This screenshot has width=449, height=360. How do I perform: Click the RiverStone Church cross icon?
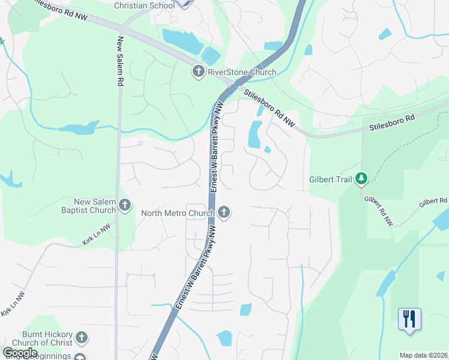point(199,73)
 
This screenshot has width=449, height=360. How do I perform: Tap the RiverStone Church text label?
point(242,73)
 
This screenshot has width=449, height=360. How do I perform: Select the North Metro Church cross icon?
point(224,212)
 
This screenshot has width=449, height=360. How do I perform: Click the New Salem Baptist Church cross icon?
point(125,206)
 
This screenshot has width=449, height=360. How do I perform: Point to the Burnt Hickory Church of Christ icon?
point(82,338)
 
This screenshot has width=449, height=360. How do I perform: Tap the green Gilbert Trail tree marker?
point(361,178)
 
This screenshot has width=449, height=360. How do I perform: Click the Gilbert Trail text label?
point(331,179)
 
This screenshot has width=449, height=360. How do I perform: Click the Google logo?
point(20,352)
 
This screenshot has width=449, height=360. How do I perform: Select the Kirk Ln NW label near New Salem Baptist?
point(97,236)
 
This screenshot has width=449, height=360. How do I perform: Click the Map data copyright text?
point(424,355)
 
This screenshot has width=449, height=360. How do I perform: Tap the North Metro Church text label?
point(178,212)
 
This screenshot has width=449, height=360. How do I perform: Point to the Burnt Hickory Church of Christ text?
point(47,338)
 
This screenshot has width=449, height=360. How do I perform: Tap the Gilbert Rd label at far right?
point(433,201)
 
